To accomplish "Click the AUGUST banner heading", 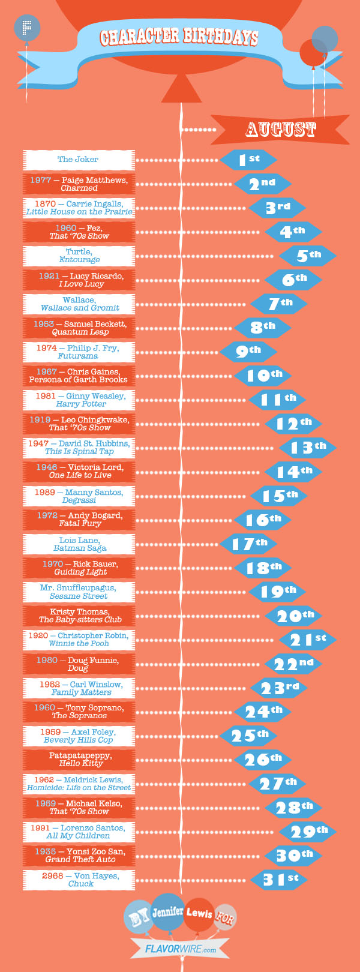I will [280, 129].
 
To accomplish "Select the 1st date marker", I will [248, 160].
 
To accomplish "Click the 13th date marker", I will [307, 447].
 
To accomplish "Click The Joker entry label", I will [78, 160].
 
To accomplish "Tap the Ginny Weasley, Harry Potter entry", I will [79, 400].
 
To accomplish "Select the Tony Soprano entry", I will [79, 712].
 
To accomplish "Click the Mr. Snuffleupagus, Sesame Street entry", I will [79, 592].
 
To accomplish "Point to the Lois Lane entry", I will [79, 544].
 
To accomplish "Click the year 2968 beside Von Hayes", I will [52, 876].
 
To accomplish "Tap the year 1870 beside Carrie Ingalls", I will [45, 204].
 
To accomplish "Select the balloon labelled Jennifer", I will [167, 912].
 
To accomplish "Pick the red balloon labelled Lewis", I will [199, 914].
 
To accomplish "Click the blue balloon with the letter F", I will [26, 28].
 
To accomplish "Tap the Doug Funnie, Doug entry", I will [79, 664].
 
